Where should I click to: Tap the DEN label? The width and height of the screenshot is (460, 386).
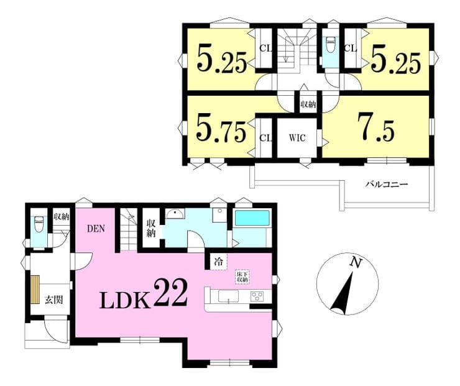(x=96, y=229)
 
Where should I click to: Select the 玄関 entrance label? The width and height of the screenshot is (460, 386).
(x=53, y=300)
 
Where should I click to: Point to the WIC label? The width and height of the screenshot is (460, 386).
(x=297, y=137)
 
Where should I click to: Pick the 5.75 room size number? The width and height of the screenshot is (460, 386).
(x=221, y=129)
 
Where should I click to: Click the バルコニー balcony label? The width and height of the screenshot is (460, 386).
(x=387, y=185)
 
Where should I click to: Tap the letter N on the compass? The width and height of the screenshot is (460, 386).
(x=356, y=262)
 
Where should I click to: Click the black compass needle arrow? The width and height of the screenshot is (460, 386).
(x=343, y=293)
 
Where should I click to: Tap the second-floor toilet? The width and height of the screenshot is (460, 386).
(x=331, y=44)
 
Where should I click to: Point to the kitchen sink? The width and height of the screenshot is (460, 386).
(x=229, y=296)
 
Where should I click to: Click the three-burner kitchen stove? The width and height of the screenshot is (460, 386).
(x=257, y=296)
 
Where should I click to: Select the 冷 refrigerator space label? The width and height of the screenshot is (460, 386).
(x=218, y=261)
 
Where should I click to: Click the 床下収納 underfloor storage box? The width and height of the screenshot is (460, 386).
(x=242, y=277)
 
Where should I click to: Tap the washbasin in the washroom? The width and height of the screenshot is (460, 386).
(x=175, y=214)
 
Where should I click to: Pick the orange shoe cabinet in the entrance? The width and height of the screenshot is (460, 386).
(x=35, y=289)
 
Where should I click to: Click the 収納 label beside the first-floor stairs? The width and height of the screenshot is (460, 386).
(x=151, y=228)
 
